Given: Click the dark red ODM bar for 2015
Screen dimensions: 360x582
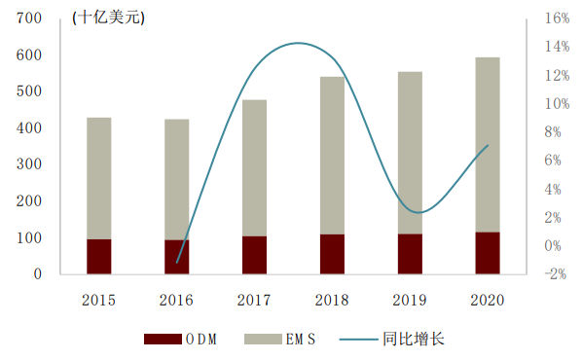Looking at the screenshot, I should click(x=99, y=256).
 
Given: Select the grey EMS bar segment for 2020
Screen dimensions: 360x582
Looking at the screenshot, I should click(x=487, y=144).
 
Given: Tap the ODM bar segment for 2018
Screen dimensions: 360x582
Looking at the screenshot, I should click(x=332, y=253).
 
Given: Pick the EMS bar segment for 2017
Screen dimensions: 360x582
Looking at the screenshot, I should click(x=254, y=167).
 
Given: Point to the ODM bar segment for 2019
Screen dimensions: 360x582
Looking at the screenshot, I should click(x=410, y=253).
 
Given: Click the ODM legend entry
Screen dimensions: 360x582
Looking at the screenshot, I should click(x=179, y=339).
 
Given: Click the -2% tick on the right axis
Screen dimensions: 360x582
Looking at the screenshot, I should click(x=556, y=273).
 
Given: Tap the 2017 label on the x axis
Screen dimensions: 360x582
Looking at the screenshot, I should click(x=254, y=301).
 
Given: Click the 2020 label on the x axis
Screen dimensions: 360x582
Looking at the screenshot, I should click(x=487, y=301).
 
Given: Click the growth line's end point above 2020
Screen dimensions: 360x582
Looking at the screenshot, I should click(x=487, y=146).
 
